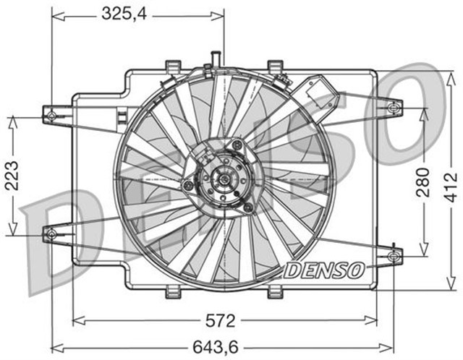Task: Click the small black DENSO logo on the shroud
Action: tap(323, 271)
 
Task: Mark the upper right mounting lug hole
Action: tap(393, 108)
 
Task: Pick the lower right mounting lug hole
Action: tap(394, 255)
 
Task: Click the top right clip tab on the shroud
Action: tap(274, 67)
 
